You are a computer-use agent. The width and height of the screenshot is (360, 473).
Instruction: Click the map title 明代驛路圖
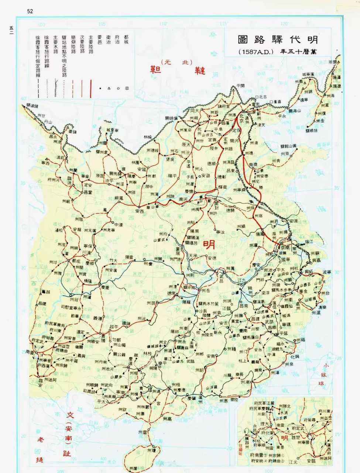278,40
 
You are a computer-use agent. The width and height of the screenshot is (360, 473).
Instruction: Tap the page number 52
30,11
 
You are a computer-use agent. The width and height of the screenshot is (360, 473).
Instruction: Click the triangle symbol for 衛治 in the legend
109,89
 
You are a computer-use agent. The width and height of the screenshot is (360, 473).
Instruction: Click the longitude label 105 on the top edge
102,24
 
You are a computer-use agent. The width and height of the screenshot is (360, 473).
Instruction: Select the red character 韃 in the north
200,70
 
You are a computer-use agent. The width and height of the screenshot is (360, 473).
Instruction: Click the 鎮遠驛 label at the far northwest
29,106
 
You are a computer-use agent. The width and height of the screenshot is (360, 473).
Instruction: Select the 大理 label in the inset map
263,424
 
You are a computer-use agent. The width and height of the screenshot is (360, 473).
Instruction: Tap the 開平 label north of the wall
240,86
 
